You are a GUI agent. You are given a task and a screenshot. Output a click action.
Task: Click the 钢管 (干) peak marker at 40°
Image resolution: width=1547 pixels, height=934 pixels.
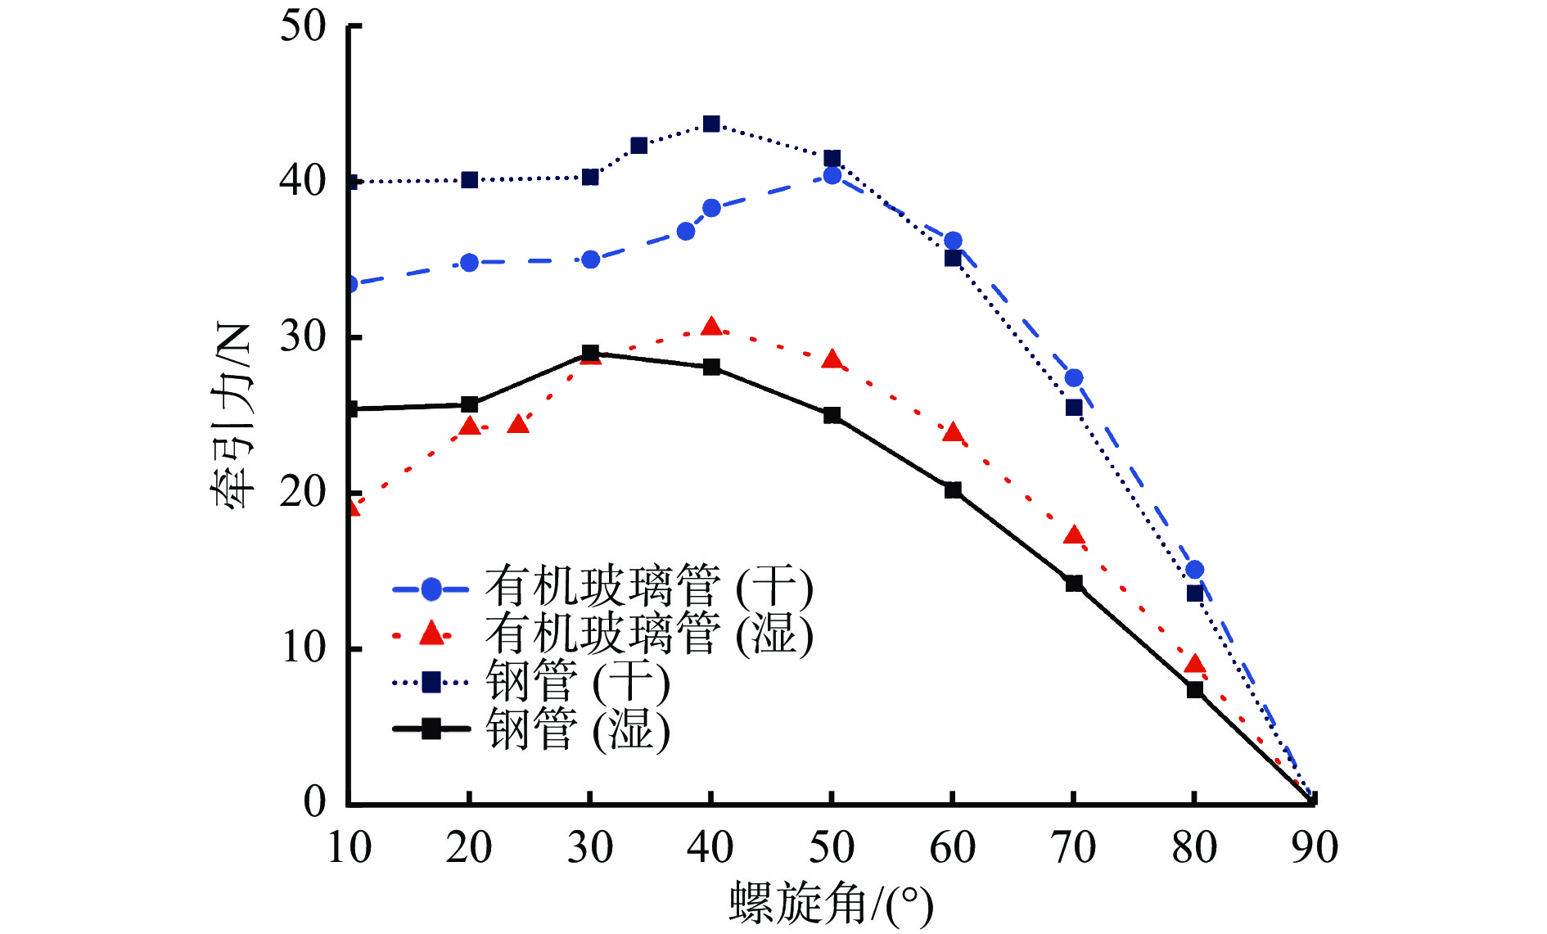(x=711, y=124)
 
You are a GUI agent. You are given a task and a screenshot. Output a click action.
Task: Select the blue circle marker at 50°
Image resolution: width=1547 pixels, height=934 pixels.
(x=832, y=175)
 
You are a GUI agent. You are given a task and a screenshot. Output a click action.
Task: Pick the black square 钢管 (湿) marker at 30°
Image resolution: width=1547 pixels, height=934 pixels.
(x=590, y=354)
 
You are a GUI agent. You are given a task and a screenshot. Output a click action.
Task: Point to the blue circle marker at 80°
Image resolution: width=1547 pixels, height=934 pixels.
(x=1194, y=570)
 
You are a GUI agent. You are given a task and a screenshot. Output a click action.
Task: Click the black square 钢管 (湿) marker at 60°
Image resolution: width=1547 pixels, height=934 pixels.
(x=953, y=490)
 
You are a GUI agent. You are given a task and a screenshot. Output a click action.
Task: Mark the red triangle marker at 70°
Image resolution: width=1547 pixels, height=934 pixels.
(x=1074, y=536)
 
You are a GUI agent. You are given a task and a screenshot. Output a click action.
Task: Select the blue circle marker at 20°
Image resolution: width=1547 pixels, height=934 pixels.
(x=469, y=263)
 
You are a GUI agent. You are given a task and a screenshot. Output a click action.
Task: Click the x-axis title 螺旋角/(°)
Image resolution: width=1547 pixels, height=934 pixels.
(x=831, y=904)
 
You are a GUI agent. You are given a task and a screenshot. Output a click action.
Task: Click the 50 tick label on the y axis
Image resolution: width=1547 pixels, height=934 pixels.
(x=303, y=26)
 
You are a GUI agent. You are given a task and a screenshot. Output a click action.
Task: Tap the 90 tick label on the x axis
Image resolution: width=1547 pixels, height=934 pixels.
(x=1315, y=847)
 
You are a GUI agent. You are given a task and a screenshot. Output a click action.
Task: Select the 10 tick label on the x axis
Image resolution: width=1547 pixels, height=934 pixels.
(x=350, y=847)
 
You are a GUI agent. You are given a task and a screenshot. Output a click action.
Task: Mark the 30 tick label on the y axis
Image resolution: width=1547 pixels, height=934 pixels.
(x=303, y=336)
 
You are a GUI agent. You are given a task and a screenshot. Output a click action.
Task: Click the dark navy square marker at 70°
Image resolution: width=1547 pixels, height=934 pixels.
(x=1074, y=408)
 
